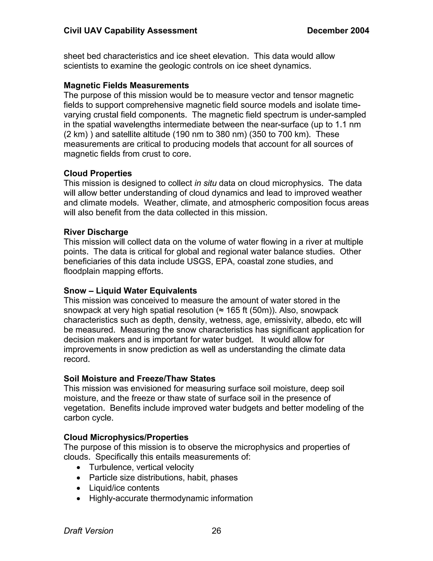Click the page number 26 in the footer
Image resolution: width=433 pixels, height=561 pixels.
click(x=216, y=531)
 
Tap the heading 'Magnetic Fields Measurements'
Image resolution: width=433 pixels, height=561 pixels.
click(x=126, y=85)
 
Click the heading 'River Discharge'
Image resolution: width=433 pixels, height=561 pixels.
click(x=96, y=232)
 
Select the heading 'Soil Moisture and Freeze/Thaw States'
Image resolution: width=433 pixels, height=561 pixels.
click(x=139, y=379)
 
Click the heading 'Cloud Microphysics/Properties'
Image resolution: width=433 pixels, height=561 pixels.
click(x=126, y=437)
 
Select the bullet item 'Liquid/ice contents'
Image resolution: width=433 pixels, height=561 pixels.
click(x=124, y=488)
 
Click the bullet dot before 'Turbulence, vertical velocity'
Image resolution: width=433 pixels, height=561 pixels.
click(x=79, y=467)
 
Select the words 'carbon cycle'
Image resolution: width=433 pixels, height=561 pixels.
click(x=88, y=418)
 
